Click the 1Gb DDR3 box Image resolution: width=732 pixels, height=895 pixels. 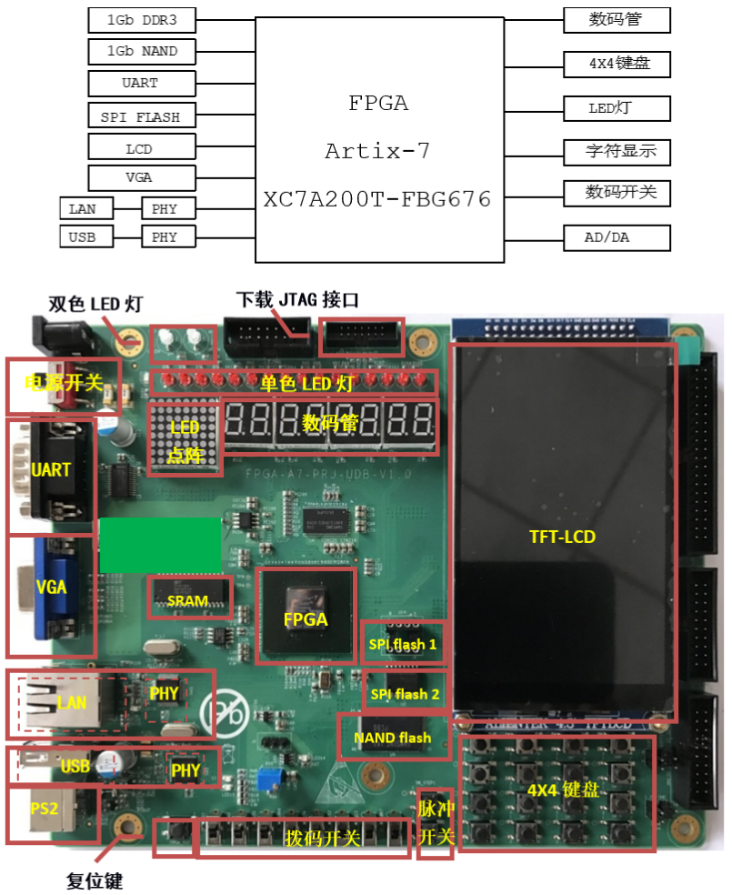tap(142, 19)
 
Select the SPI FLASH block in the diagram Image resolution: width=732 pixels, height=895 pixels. tap(142, 116)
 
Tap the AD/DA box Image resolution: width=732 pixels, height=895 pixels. tap(616, 238)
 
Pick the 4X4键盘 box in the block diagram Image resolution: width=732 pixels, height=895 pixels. tap(616, 64)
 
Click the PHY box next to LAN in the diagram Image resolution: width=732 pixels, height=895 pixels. tap(165, 208)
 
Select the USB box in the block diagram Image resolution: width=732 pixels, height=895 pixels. tap(87, 238)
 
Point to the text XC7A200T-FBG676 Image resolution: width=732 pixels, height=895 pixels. tap(377, 199)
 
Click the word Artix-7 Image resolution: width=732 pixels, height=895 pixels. tap(376, 151)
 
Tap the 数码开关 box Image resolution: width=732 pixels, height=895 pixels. tap(616, 193)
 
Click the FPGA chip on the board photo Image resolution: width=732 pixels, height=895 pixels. tap(306, 615)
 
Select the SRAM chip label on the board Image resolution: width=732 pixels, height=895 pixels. tap(188, 600)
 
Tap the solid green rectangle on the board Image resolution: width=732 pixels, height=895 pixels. tap(160, 545)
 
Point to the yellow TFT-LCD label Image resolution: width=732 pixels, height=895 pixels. tap(562, 537)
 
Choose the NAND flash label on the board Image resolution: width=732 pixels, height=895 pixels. tap(394, 738)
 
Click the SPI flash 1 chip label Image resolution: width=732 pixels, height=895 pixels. tap(403, 645)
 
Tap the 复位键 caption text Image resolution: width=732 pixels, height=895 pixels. tap(94, 880)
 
